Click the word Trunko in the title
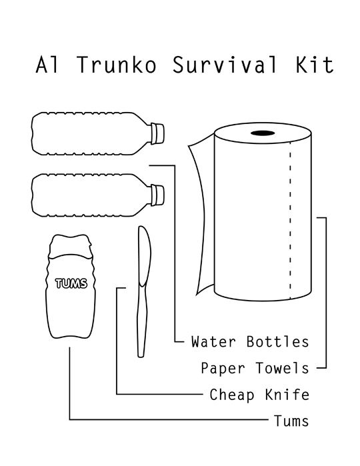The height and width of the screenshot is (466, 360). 117,64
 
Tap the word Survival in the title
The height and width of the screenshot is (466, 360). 225,64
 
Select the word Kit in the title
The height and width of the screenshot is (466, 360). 315,64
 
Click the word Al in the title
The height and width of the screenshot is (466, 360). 47,64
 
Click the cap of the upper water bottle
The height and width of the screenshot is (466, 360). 157,133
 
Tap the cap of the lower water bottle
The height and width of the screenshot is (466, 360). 157,195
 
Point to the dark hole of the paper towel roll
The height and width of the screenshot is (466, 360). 263,133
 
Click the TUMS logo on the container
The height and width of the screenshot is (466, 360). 71,283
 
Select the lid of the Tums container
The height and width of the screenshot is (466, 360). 70,246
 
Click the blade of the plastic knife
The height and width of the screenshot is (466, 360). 144,256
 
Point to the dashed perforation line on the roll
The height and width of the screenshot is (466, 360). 290,220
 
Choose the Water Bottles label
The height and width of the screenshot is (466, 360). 250,342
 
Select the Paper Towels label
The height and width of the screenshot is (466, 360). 255,368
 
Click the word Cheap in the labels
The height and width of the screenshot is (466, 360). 232,395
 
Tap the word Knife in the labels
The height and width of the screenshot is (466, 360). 287,395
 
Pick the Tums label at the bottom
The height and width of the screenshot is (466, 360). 291,421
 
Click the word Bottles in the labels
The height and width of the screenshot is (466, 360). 277,342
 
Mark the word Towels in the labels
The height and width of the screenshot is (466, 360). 282,368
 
